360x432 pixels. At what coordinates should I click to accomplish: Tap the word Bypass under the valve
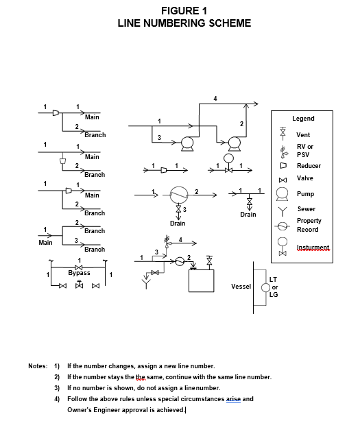pyautogui.click(x=79, y=273)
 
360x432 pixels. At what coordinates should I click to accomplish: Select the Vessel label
pyautogui.click(x=241, y=287)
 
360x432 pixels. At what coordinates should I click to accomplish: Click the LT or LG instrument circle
pyautogui.click(x=265, y=287)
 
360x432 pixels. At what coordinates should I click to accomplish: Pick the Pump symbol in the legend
pyautogui.click(x=283, y=194)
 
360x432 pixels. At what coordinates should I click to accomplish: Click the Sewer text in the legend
pyautogui.click(x=307, y=209)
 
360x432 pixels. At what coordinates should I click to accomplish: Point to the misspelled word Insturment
pyautogui.click(x=313, y=248)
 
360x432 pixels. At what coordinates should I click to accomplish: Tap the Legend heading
pyautogui.click(x=303, y=119)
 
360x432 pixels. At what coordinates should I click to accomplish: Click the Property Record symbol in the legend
pyautogui.click(x=283, y=226)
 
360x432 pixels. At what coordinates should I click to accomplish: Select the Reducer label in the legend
pyautogui.click(x=309, y=166)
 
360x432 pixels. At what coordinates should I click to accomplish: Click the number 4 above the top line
pyautogui.click(x=215, y=98)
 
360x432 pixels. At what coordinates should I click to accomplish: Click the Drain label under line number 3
pyautogui.click(x=178, y=223)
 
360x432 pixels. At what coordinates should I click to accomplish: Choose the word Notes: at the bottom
pyautogui.click(x=38, y=366)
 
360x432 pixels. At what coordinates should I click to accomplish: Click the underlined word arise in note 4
pyautogui.click(x=233, y=399)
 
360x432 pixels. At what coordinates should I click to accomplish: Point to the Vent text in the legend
pyautogui.click(x=303, y=135)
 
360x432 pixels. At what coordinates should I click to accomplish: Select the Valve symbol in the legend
pyautogui.click(x=283, y=180)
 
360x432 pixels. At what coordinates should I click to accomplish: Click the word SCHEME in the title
pyautogui.click(x=230, y=23)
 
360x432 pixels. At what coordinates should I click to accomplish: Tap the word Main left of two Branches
pyautogui.click(x=45, y=243)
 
